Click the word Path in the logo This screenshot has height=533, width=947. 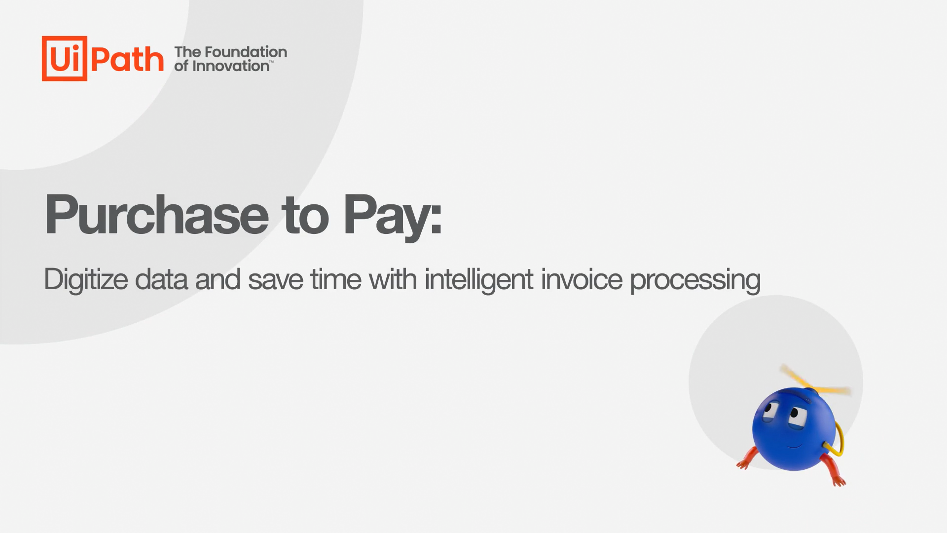127,60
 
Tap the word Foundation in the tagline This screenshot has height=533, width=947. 246,52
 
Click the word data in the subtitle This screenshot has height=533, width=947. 161,279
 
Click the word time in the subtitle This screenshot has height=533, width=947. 336,279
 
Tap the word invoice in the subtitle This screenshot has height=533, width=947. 582,279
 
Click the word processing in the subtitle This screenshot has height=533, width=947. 695,281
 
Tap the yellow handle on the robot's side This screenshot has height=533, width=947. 837,439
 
